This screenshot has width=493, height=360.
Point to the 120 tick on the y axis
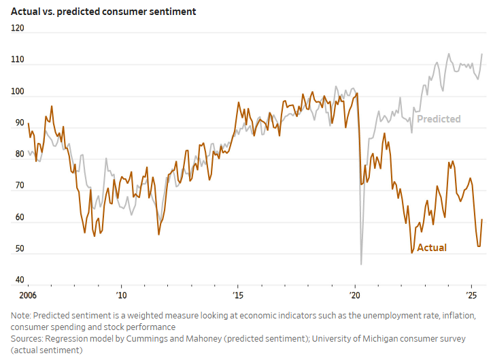click(18, 29)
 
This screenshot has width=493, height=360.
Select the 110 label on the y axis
click(18, 60)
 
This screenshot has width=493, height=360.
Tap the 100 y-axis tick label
click(18, 91)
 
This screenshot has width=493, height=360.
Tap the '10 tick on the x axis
click(121, 295)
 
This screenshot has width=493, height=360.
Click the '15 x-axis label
click(238, 295)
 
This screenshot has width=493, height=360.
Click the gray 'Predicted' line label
click(439, 119)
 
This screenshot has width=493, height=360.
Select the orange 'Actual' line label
click(432, 248)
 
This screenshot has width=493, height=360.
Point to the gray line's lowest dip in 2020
click(361, 263)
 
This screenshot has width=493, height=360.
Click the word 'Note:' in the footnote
click(21, 315)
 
